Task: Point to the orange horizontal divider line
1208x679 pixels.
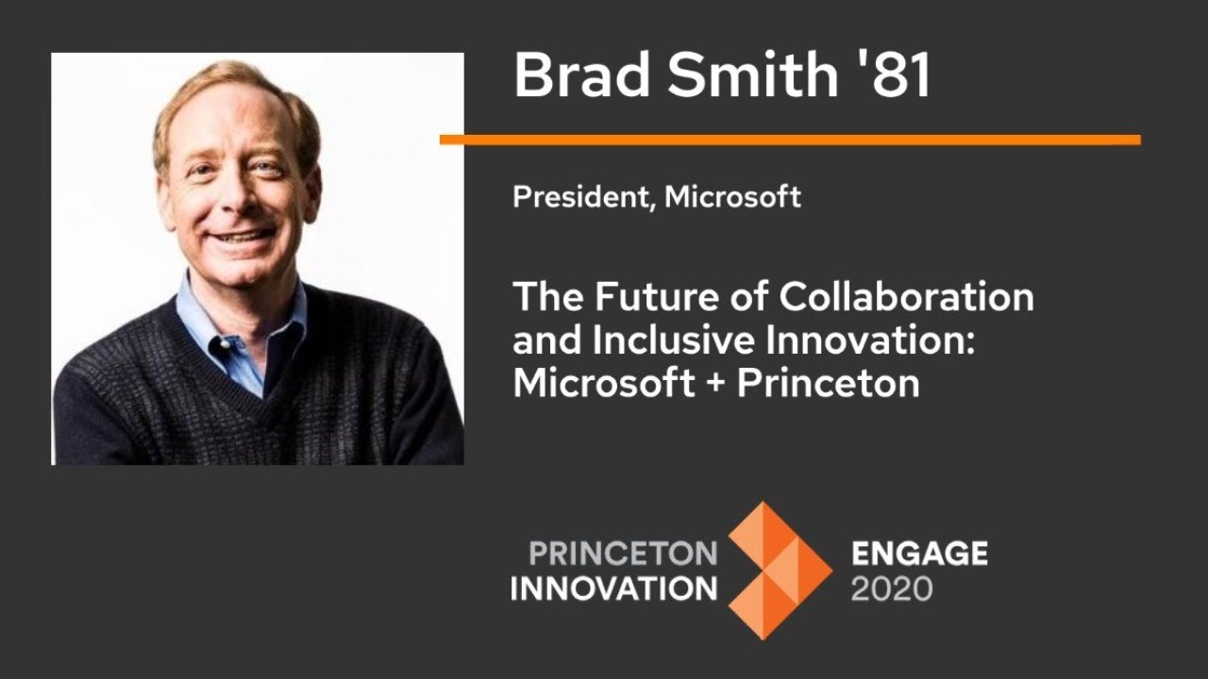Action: pyautogui.click(x=790, y=140)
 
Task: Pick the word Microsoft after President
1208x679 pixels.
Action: pyautogui.click(x=733, y=197)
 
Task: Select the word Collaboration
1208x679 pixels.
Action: pyautogui.click(x=906, y=297)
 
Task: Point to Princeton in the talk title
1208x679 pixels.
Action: pyautogui.click(x=829, y=384)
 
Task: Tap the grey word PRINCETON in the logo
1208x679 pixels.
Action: pyautogui.click(x=623, y=553)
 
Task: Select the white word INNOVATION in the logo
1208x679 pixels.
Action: pyautogui.click(x=613, y=588)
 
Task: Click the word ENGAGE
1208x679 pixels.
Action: pyautogui.click(x=919, y=553)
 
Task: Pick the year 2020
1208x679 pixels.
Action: pyautogui.click(x=892, y=589)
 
